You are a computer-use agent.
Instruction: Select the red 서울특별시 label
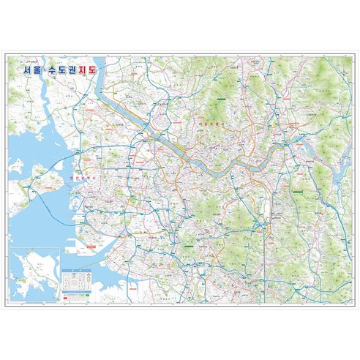click(x=211, y=125)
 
